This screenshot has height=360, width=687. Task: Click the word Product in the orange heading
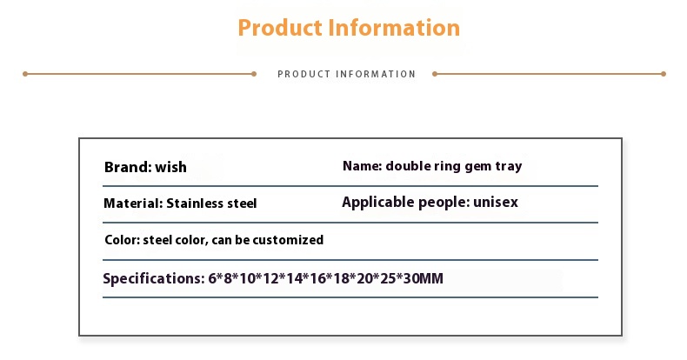[x=280, y=28]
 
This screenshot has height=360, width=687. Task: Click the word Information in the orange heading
[x=394, y=28]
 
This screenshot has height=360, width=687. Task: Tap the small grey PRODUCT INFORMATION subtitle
[x=346, y=74]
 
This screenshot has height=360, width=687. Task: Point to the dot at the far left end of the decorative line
[x=25, y=74]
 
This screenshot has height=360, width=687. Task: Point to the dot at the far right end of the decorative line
[x=664, y=74]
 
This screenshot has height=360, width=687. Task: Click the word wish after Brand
[x=170, y=167]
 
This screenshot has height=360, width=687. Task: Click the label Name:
[x=363, y=166]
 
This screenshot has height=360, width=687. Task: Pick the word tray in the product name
[x=509, y=167]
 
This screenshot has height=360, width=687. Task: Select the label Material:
[x=133, y=203]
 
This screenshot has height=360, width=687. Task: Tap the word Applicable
[x=377, y=203]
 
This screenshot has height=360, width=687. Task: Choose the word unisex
[x=496, y=203]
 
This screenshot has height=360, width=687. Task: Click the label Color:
[x=123, y=240]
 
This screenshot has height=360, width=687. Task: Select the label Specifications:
[x=154, y=278]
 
